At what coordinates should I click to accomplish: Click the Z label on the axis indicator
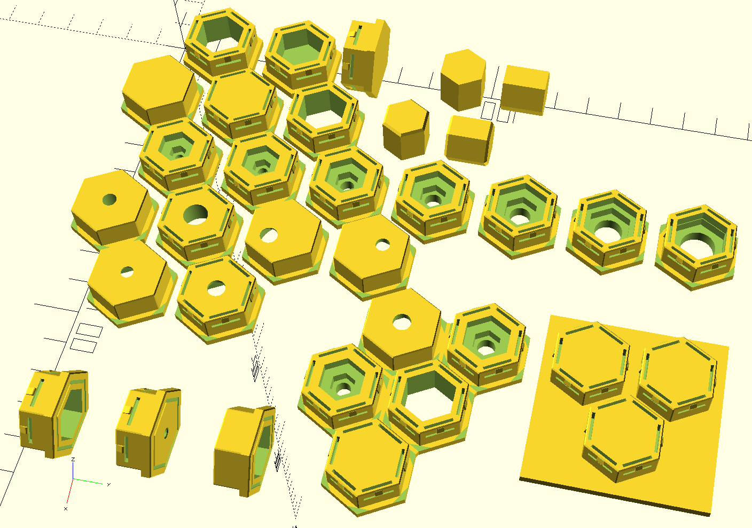73,460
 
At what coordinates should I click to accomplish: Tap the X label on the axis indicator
66,509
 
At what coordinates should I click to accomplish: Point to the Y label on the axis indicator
108,485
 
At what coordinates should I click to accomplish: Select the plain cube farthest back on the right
524,89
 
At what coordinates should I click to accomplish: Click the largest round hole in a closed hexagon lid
195,214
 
